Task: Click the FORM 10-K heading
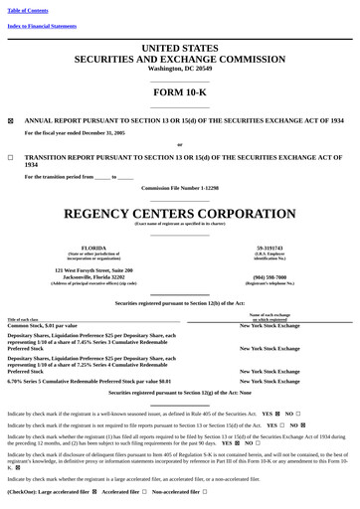point(179,91)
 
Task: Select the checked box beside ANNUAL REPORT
point(11,120)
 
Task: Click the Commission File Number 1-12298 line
point(179,187)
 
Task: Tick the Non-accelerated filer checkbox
point(204,492)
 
